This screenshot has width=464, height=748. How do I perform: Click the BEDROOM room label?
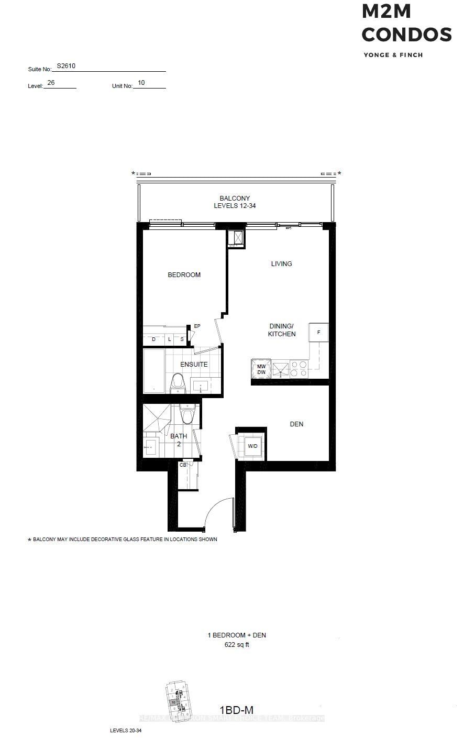184,275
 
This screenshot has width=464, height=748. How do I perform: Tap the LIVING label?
281,263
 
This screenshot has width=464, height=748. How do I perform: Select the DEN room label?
296,424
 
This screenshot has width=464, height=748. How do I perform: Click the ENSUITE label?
194,365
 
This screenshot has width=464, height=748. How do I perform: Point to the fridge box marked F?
318,333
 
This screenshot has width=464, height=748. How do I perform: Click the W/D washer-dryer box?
252,446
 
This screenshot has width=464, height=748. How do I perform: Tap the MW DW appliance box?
261,369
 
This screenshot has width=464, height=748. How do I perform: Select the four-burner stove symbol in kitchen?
299,369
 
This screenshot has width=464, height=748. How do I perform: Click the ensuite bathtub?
154,372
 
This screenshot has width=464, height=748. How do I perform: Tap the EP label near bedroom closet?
197,326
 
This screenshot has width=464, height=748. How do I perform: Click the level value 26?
51,83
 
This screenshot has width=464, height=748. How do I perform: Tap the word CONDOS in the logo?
406,35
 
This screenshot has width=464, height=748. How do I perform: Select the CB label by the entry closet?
183,465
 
